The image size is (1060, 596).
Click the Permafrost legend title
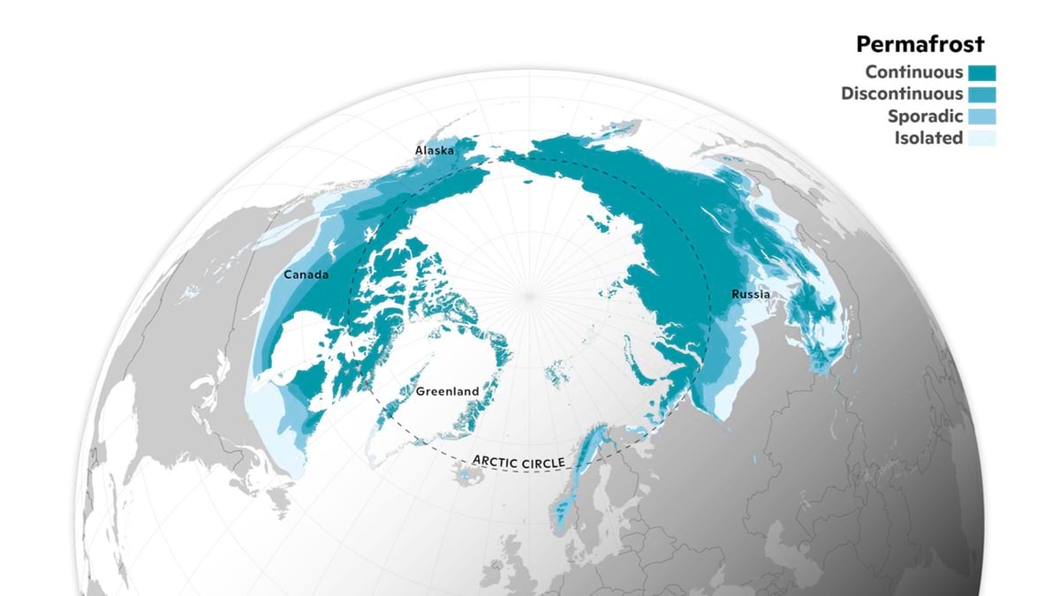920,44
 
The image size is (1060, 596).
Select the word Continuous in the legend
914,72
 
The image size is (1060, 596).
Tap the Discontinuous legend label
902,94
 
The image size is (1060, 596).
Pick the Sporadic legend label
927,116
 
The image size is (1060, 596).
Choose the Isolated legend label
928,138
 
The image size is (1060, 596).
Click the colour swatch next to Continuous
981,72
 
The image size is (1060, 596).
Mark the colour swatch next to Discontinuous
981,94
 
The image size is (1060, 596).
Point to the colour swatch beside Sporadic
981,116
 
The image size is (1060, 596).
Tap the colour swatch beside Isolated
981,138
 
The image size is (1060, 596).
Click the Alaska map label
435,151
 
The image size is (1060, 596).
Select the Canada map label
306,275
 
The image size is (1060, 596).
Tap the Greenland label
447,391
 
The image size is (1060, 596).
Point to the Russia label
751,294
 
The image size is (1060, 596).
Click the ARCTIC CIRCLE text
519,461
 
